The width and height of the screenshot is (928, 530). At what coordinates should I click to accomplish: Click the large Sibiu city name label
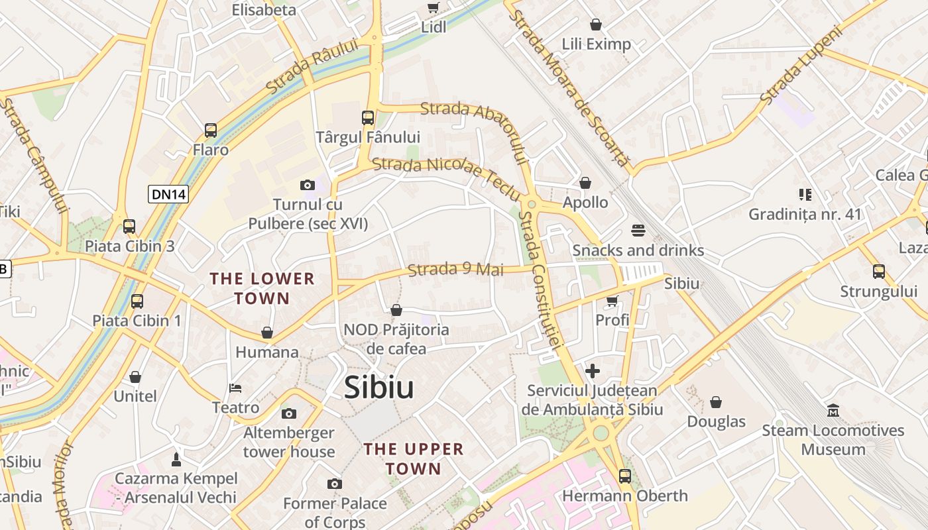pos(378,388)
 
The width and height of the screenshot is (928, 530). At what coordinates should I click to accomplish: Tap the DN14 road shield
pos(169,194)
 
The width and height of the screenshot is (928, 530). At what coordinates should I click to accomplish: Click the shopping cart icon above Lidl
pos(434,8)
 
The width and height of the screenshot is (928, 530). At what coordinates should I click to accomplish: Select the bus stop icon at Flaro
pos(211,131)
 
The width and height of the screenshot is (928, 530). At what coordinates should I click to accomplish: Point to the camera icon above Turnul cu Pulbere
pos(307,185)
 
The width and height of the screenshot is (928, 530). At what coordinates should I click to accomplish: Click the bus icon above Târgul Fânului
pos(368,118)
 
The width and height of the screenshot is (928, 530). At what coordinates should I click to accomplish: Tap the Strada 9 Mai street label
pos(455,270)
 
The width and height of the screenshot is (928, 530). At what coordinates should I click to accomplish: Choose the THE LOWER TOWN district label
pos(262,288)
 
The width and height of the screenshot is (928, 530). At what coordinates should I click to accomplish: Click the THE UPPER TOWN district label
pos(414,458)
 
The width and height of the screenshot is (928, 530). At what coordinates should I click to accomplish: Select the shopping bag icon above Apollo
pos(585,183)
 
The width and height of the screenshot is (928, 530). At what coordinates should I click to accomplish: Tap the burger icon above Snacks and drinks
pos(638,231)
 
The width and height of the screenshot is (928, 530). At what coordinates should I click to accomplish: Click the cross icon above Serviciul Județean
pos(593,371)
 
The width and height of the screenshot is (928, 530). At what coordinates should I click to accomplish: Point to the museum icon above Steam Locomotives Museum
pos(833,411)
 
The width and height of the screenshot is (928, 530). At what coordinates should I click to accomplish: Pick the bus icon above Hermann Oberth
pos(624,476)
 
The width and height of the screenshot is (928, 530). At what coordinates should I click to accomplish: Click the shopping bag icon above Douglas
pos(716,402)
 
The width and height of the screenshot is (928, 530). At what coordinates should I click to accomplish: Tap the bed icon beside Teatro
pos(235,388)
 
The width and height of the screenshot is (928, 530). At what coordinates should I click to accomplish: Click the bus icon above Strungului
pos(879,272)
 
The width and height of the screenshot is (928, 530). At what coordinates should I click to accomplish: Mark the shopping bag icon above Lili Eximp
pos(596,25)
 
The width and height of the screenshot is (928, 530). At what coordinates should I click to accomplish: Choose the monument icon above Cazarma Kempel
pos(176,459)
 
